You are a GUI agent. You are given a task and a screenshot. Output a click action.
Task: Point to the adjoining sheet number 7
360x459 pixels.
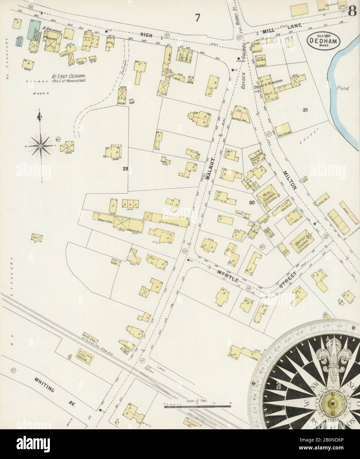pyautogui.click(x=198, y=18)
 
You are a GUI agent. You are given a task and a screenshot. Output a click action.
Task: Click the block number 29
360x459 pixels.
pyautogui.click(x=125, y=169)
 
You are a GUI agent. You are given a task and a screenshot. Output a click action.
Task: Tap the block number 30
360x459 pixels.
pyautogui.click(x=252, y=203)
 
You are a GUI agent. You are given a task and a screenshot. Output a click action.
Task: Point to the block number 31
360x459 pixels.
pyautogui.click(x=305, y=110)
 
